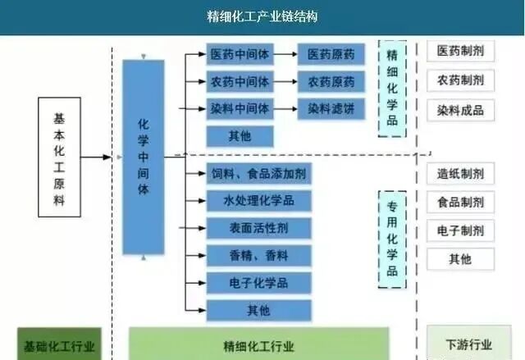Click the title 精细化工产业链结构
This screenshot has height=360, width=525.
(262, 16)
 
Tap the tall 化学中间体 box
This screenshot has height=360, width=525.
(144, 156)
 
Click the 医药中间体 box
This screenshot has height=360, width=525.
(239, 55)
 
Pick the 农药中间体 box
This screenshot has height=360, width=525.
(239, 82)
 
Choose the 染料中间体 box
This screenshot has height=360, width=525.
(239, 108)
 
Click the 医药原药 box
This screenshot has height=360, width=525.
(331, 55)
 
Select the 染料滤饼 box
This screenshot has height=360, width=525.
(331, 108)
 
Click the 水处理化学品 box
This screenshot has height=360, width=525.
(258, 200)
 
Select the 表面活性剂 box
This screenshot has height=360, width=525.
(258, 227)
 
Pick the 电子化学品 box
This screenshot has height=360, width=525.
(258, 283)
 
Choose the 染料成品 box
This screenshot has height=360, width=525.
(459, 110)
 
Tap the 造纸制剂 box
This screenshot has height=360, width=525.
(459, 175)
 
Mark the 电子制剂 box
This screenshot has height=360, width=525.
(459, 230)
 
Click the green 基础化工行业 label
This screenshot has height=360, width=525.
(59, 346)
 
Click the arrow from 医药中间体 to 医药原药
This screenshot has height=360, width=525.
(284, 55)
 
